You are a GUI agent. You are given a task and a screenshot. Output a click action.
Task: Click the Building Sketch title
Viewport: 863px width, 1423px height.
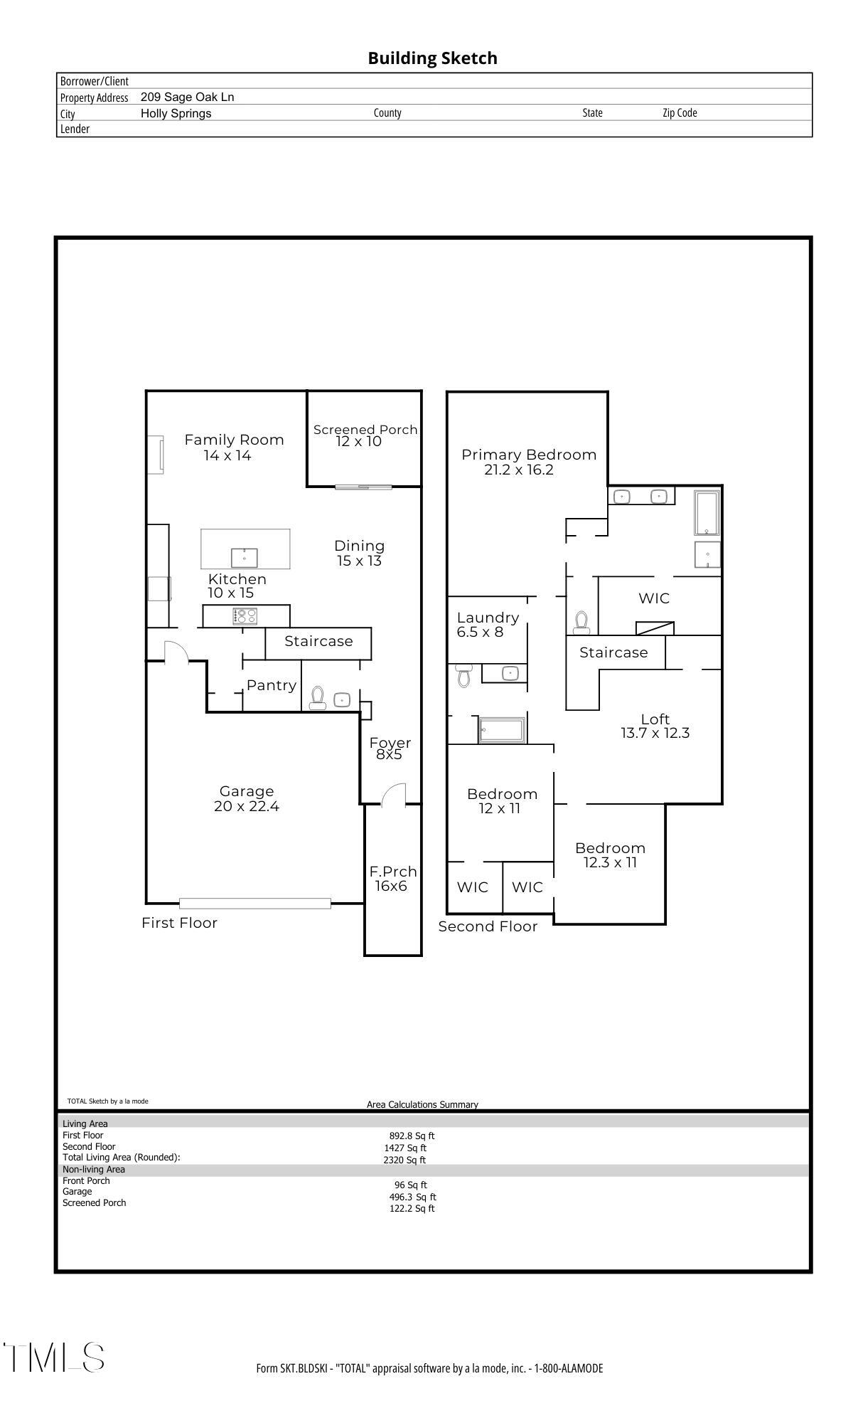tap(432, 58)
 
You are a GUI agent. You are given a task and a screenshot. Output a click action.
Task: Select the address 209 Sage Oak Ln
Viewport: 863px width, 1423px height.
tap(187, 97)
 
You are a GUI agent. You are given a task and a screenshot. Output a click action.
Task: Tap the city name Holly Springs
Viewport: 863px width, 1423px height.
tap(176, 114)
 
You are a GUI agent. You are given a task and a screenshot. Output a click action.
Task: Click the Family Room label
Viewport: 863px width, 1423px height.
tap(234, 440)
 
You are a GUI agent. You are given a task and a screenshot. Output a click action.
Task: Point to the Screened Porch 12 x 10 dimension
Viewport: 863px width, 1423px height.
tap(359, 442)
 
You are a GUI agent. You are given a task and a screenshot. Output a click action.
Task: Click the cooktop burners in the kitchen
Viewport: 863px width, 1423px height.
tap(245, 616)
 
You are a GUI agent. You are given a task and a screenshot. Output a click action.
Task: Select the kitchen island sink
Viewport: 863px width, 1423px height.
tap(244, 557)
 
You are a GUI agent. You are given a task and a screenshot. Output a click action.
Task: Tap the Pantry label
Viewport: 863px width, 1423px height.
tap(271, 685)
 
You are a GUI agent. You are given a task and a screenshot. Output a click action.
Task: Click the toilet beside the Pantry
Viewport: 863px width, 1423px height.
tap(318, 697)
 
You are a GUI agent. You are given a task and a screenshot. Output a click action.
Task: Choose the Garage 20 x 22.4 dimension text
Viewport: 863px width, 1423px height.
tap(246, 807)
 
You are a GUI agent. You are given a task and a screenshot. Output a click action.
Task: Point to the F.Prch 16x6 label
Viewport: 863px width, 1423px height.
tap(392, 879)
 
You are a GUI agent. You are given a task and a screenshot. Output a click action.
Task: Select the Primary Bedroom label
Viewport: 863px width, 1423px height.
tap(528, 455)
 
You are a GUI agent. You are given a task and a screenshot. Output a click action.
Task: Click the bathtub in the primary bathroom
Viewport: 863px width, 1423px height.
tap(707, 512)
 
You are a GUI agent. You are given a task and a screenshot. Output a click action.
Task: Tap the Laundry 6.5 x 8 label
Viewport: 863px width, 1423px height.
tap(487, 625)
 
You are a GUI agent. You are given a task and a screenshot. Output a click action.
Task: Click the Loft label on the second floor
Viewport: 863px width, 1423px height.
tap(655, 719)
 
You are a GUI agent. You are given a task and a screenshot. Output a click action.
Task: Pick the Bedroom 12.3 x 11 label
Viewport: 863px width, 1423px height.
tap(610, 855)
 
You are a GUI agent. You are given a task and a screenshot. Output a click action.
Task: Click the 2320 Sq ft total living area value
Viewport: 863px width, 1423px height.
tap(404, 1160)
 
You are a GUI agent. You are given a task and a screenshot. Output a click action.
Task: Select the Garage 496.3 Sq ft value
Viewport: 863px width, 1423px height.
tap(412, 1197)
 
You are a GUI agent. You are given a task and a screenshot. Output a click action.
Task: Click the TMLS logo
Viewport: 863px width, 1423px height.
tap(54, 1357)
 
